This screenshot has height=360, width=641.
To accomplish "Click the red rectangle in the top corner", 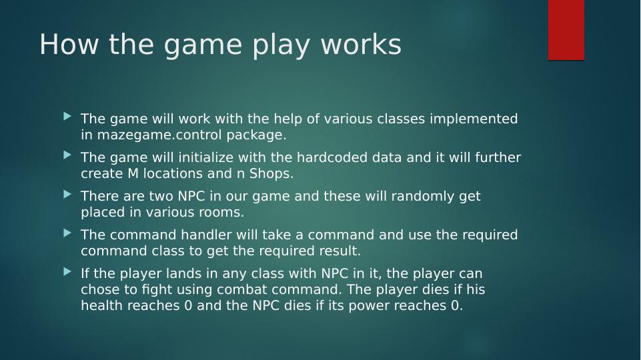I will pos(566,30).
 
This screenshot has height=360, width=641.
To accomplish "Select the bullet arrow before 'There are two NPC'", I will pos(67,194).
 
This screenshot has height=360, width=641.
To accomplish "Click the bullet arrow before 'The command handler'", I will pos(67,233).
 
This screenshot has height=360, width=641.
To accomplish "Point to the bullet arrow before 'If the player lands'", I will pos(67,271).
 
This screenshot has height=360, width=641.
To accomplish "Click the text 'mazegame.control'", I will pos(151,135).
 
